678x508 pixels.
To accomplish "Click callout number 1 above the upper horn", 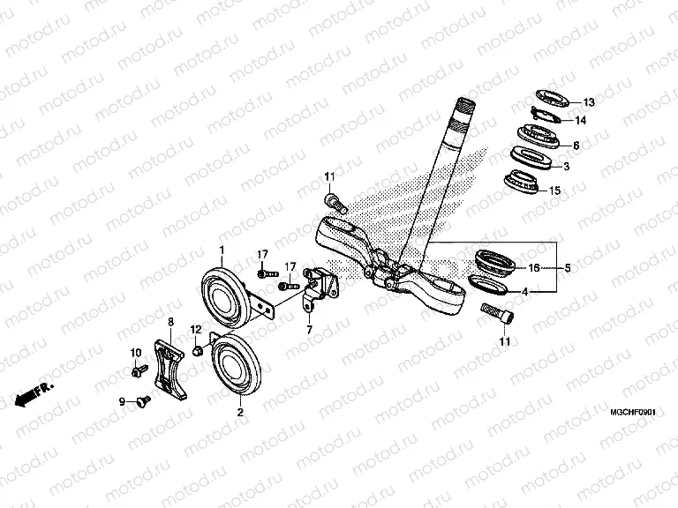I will [x=222, y=226].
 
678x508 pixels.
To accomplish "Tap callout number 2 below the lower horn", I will [x=239, y=411].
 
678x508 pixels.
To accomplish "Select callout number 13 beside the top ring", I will [x=590, y=101].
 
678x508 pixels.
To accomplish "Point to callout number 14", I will [x=580, y=121].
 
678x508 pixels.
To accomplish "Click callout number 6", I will [x=576, y=146].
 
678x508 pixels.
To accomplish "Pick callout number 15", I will [x=579, y=190].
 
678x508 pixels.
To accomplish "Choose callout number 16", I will [x=534, y=267].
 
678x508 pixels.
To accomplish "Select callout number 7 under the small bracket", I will [x=309, y=330].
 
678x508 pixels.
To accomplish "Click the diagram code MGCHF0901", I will [x=636, y=412].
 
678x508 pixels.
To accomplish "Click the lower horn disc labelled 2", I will [x=240, y=362].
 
